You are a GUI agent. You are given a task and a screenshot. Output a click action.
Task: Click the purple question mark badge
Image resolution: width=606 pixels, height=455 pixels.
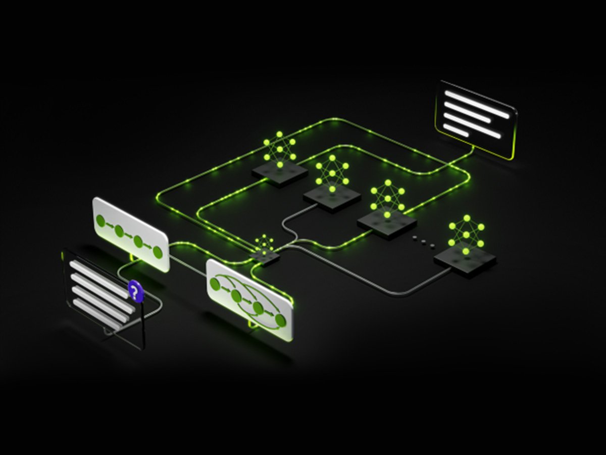(x=134, y=291)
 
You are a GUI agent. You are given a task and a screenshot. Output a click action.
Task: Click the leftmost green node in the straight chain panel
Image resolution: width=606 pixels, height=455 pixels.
(x=100, y=221)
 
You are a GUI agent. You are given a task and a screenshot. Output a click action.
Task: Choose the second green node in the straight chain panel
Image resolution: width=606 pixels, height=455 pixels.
(x=119, y=231)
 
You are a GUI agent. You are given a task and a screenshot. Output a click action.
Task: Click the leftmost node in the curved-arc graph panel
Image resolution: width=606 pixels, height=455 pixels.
(x=215, y=285)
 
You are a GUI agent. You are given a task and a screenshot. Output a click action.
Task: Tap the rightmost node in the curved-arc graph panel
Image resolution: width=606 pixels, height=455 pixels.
(x=280, y=320)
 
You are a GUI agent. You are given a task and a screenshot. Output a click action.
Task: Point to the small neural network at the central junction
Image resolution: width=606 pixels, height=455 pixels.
(x=263, y=245)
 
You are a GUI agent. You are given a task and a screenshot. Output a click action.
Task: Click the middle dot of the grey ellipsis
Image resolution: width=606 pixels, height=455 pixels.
(x=423, y=241)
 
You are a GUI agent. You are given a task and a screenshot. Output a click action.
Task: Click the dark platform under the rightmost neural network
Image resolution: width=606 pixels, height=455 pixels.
(x=465, y=260)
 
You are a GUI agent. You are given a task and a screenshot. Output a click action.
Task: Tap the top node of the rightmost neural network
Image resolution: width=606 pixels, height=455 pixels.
(x=467, y=218)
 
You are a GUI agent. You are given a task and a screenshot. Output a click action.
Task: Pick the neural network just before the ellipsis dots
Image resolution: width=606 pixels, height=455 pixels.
(x=387, y=198)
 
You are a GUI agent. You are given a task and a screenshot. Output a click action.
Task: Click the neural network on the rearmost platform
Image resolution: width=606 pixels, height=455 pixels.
(x=279, y=149)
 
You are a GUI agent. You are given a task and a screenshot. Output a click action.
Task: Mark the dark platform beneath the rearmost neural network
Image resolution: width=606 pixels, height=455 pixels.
(x=280, y=173)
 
